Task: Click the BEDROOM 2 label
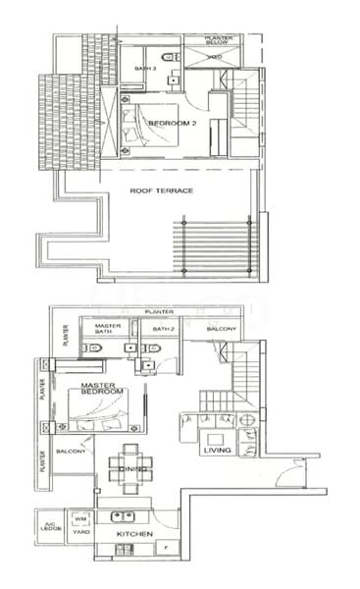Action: (168, 123)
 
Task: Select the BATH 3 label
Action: (145, 67)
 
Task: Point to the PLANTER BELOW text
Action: (219, 41)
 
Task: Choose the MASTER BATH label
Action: (107, 330)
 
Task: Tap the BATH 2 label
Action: (162, 329)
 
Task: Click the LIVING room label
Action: (217, 452)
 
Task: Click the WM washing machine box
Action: (81, 518)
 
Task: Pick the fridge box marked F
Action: (166, 546)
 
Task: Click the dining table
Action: (130, 461)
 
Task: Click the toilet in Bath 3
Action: (168, 56)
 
